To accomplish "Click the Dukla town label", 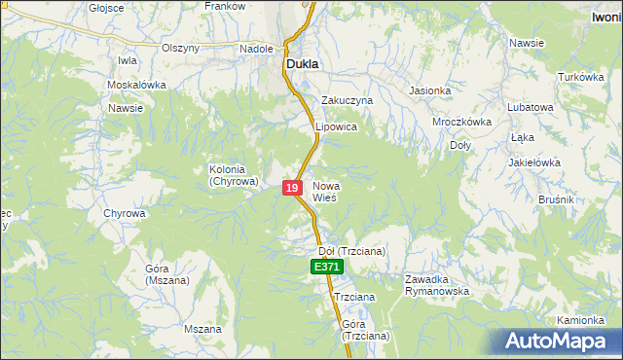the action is tap(302, 65).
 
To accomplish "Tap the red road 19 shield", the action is tap(292, 188).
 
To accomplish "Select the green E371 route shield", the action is tap(326, 267).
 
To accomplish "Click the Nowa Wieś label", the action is tap(324, 191).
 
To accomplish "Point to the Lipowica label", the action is tap(337, 127).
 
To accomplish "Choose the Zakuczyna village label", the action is tap(348, 100).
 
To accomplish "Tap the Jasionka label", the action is tap(430, 91).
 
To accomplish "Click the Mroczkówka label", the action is tap(461, 123).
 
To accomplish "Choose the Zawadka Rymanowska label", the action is tap(437, 285).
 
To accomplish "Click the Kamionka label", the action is tap(582, 320).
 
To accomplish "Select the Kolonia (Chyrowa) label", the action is tap(234, 175).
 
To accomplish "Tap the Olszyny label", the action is tap(180, 48).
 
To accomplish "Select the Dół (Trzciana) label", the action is tap(352, 251).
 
